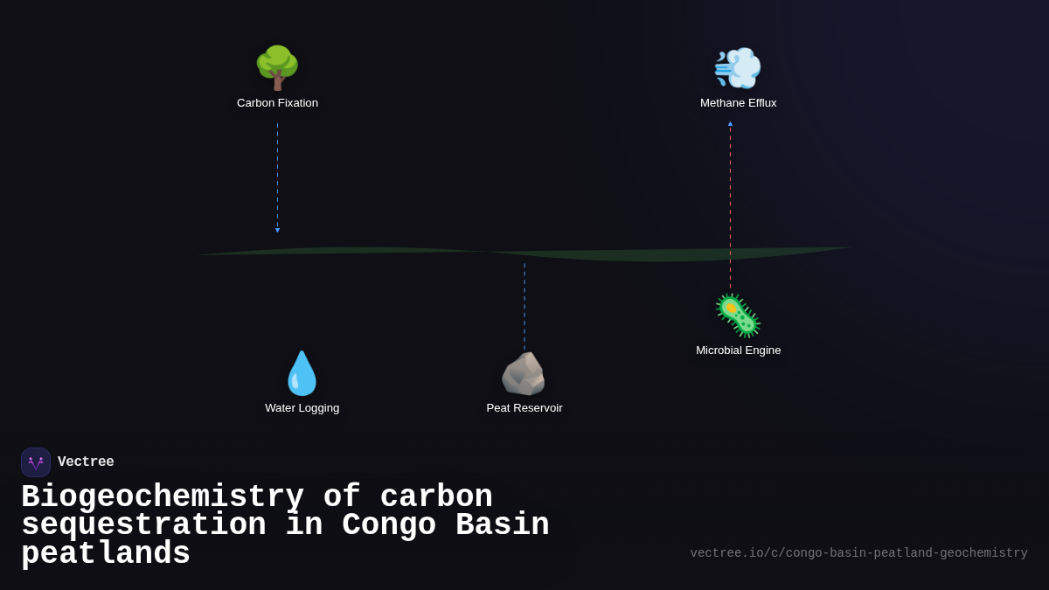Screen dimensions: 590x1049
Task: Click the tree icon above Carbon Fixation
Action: [x=277, y=68]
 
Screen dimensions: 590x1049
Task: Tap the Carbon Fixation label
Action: [x=277, y=103]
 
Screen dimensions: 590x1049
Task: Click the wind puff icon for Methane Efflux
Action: [x=738, y=68]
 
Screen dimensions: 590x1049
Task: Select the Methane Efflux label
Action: [x=738, y=103]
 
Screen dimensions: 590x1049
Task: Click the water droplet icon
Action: [x=302, y=373]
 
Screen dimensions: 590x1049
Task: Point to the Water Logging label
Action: [x=302, y=408]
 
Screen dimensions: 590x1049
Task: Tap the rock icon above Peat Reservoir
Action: [x=524, y=374]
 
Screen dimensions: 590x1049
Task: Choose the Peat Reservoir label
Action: [x=524, y=408]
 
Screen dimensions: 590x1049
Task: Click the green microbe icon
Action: [x=738, y=316]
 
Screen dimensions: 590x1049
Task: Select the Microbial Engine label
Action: [x=738, y=351]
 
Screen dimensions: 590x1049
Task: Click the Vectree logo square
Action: [x=36, y=462]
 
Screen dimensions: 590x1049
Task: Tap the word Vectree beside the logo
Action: [x=86, y=462]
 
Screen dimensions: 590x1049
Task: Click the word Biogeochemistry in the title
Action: [x=163, y=497]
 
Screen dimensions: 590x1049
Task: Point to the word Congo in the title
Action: [x=389, y=525]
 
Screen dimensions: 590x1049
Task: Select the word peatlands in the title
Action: [x=106, y=554]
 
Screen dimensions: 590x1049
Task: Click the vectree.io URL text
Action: [x=858, y=553]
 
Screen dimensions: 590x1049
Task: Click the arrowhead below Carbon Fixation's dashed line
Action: [x=278, y=231]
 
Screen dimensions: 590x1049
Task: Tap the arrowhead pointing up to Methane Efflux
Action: [x=731, y=123]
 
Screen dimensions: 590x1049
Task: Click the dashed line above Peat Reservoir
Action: [x=524, y=306]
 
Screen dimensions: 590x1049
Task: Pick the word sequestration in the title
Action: [x=143, y=525]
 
